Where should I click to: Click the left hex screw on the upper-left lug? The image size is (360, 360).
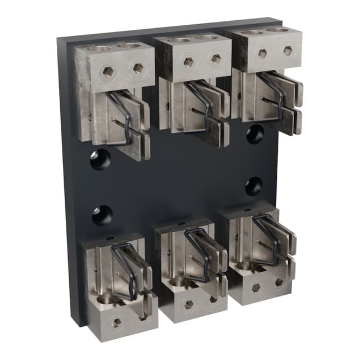coord(108,72)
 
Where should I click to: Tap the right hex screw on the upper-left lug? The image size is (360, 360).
coord(138,68)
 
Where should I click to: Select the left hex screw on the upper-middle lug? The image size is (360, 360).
coord(188,62)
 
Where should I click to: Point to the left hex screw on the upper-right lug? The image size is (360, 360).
coord(262,53)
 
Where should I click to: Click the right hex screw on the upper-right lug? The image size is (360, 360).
coord(287,51)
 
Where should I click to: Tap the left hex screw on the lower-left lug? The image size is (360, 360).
coord(115,322)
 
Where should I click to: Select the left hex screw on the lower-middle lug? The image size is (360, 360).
coord(188,304)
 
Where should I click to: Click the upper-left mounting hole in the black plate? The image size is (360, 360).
coord(100,160)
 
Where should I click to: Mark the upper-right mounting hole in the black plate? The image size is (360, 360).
coord(255,134)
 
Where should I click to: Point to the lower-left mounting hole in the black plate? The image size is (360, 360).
coord(102,215)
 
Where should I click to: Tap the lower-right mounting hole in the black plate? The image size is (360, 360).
coord(254,186)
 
